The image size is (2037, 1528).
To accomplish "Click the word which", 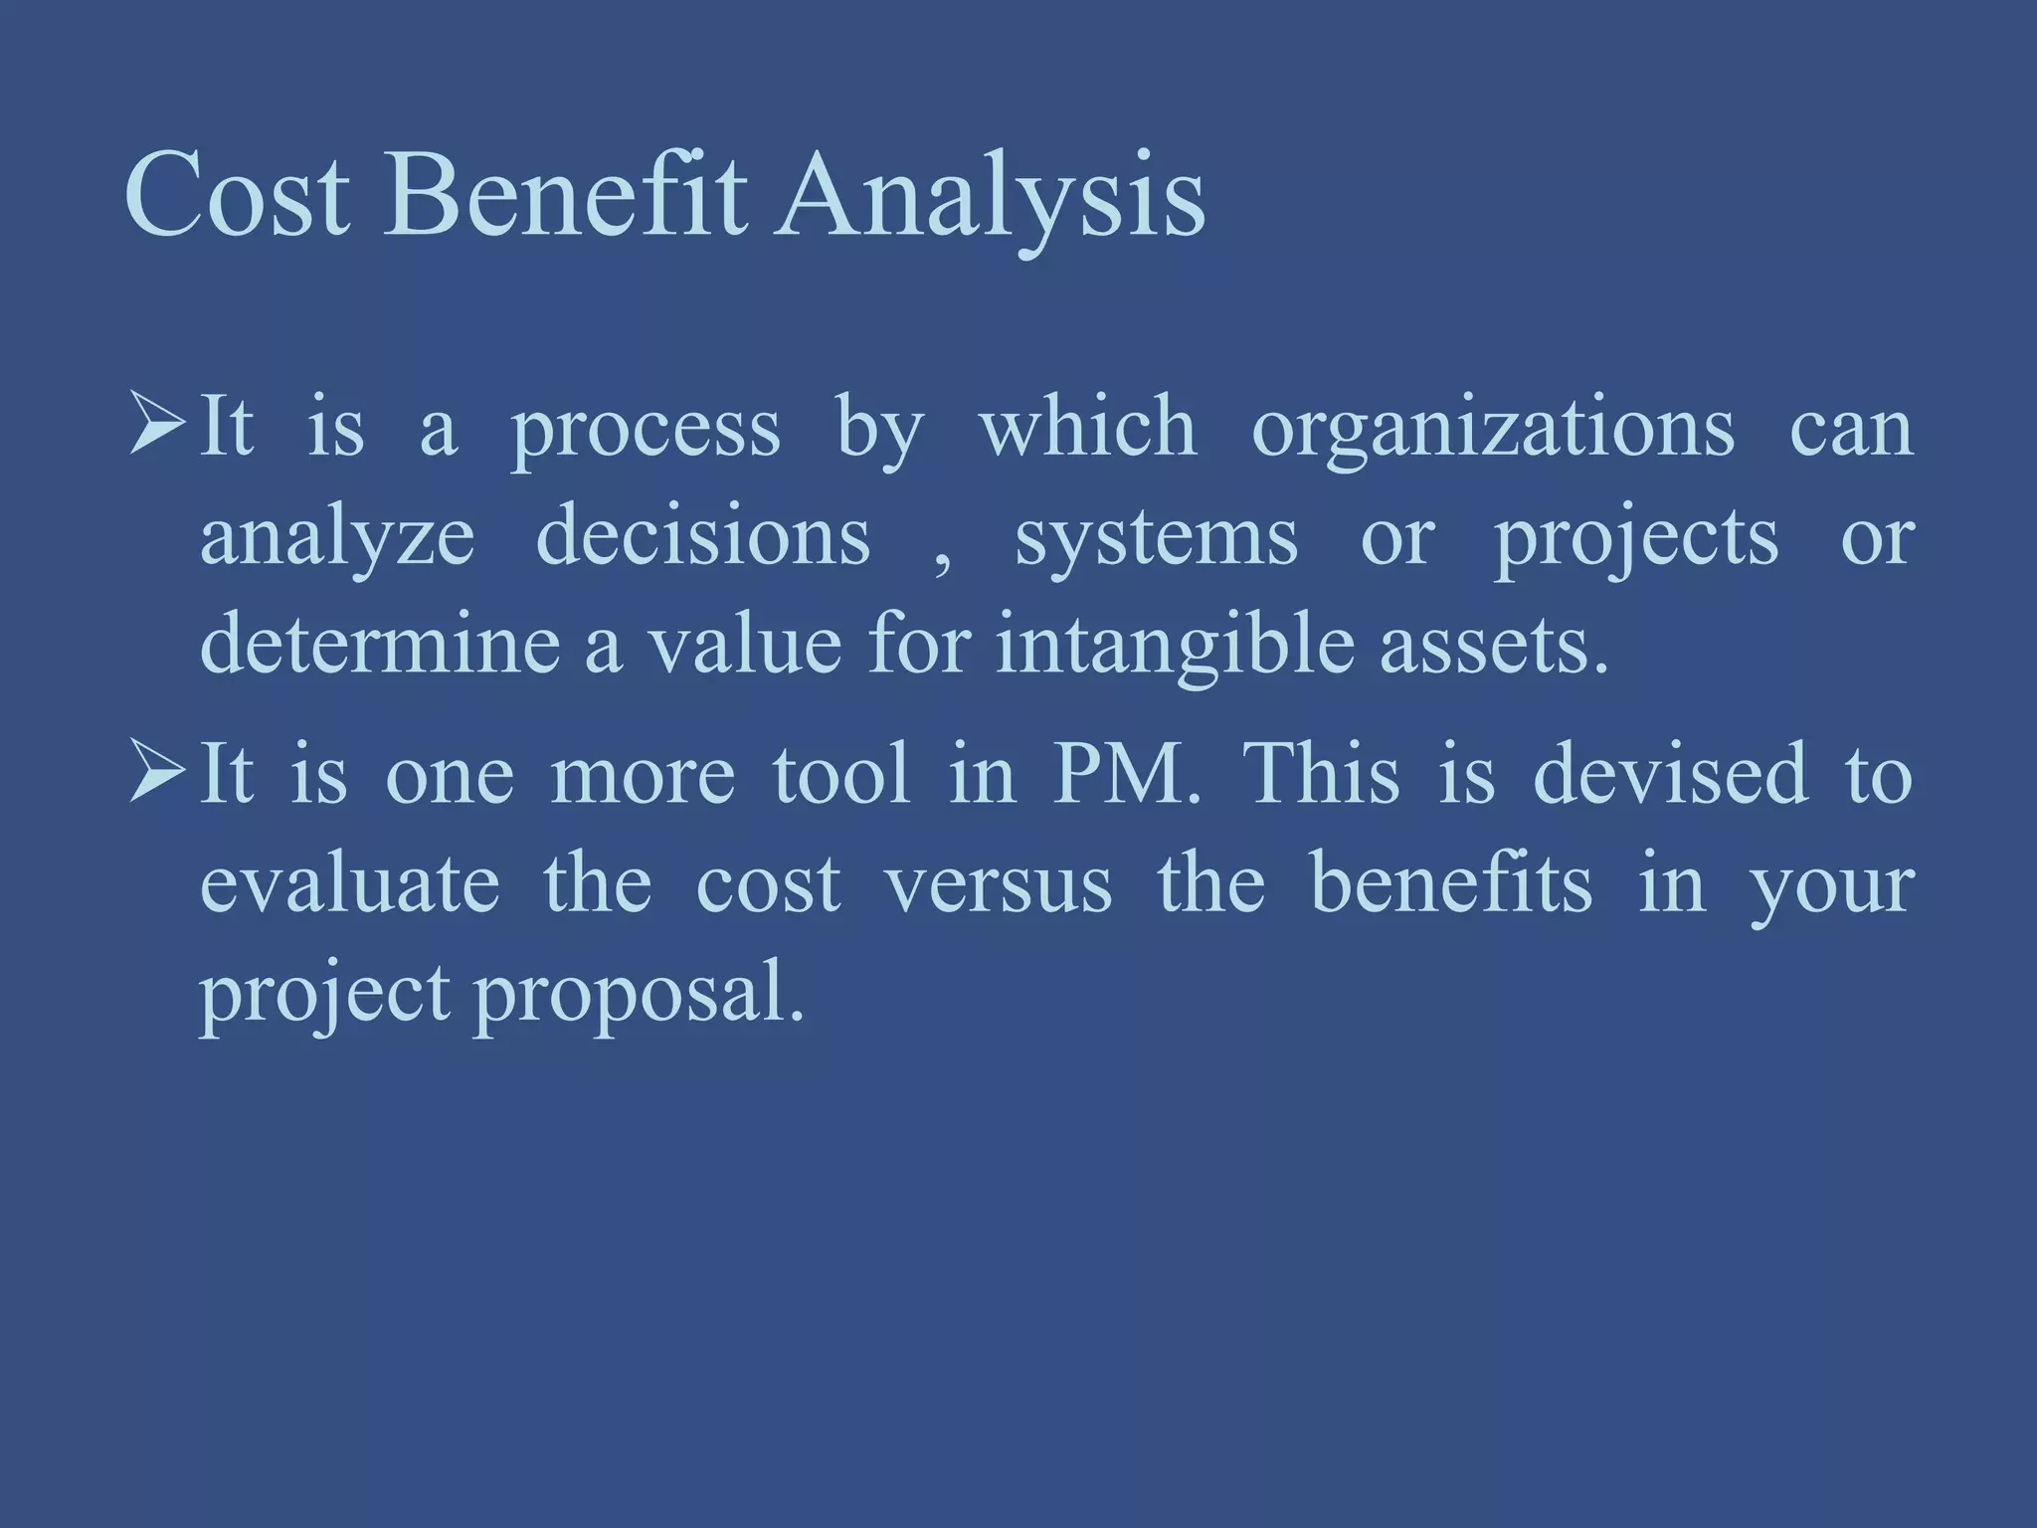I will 1087,428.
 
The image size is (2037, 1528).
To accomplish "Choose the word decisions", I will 702,537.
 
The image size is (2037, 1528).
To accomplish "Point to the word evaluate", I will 349,883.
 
